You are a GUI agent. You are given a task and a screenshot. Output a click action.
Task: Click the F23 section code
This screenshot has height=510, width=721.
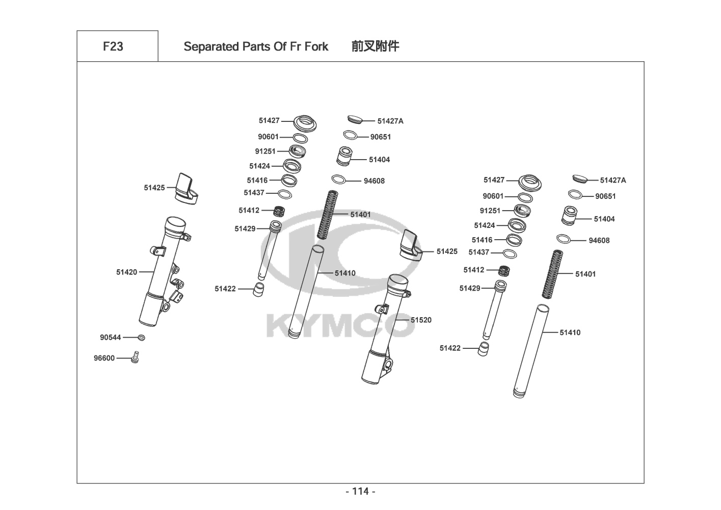click(x=113, y=46)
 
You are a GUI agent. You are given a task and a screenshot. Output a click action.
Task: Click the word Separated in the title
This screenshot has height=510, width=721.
click(x=211, y=47)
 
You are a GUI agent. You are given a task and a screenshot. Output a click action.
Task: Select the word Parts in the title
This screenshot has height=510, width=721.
click(x=256, y=46)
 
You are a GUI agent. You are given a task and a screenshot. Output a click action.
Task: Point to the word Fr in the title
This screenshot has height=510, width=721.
click(x=296, y=46)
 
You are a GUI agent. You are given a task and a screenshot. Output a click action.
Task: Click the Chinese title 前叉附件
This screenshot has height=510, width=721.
click(x=376, y=46)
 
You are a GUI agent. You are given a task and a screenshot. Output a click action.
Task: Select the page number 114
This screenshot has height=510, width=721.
click(x=361, y=491)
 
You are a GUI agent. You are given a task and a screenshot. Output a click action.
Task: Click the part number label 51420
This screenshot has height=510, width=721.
click(x=126, y=272)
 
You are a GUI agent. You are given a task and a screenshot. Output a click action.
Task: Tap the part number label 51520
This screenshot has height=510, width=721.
click(x=421, y=320)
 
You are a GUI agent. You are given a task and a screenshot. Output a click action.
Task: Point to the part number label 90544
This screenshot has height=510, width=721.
click(x=111, y=337)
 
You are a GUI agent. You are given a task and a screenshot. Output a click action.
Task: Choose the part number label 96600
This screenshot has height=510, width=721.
click(x=104, y=358)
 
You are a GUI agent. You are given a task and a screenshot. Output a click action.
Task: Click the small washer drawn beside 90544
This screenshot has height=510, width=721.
click(x=141, y=338)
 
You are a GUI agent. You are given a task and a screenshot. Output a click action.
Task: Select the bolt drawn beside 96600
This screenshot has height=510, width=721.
click(x=136, y=357)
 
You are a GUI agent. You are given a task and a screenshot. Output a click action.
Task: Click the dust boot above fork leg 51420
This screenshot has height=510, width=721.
click(x=186, y=189)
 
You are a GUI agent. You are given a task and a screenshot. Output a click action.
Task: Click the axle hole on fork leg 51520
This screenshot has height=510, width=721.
click(x=388, y=365)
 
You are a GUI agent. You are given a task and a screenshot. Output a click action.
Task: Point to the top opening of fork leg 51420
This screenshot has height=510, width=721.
click(x=175, y=222)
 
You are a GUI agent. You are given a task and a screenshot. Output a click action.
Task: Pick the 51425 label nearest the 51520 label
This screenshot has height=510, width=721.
click(x=447, y=251)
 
